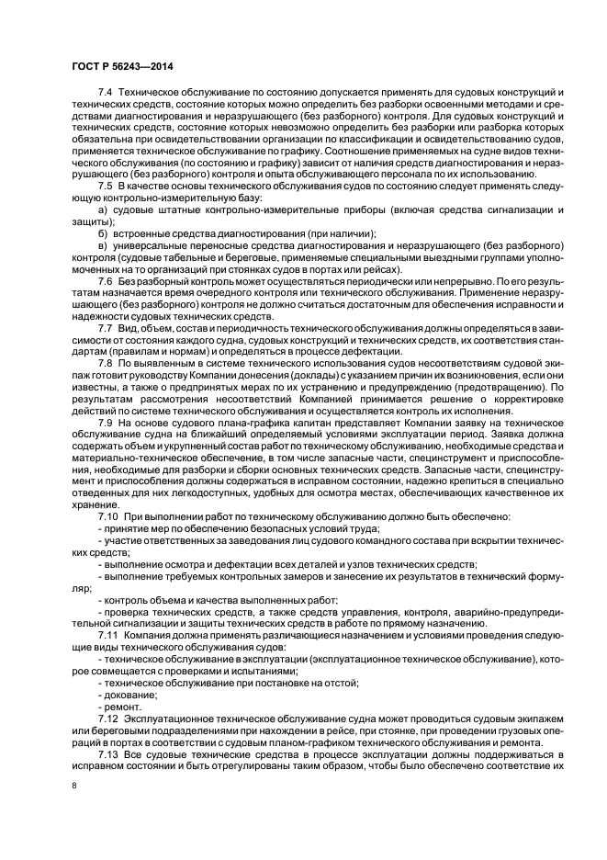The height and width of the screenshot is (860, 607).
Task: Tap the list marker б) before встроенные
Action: [x=103, y=234]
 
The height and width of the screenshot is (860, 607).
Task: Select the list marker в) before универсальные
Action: [x=103, y=246]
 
